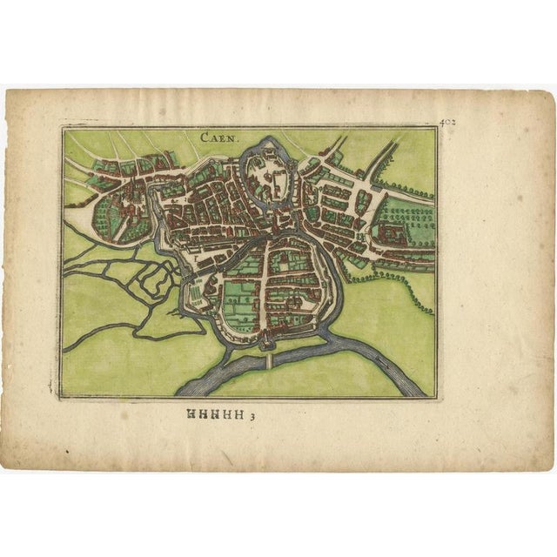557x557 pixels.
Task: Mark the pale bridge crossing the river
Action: coord(270,358)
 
